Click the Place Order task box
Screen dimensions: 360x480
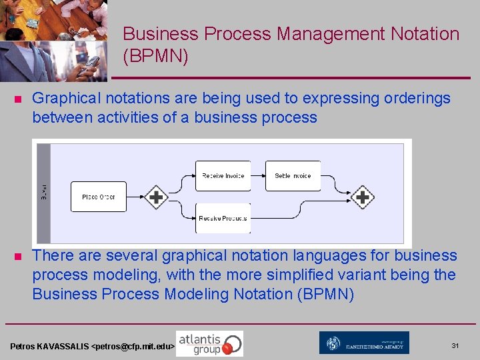[x=99, y=197]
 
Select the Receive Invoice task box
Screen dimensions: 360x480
[x=223, y=176]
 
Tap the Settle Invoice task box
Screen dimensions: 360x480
[x=293, y=176]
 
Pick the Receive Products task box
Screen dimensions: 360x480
[x=223, y=218]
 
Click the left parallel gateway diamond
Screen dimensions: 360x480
[x=156, y=197]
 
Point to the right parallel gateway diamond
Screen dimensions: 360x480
[x=363, y=197]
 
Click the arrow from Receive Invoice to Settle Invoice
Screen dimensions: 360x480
[x=258, y=176]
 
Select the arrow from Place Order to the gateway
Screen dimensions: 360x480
[x=135, y=197]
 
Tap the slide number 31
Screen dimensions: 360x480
[x=455, y=345]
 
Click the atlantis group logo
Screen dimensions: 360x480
[x=209, y=344]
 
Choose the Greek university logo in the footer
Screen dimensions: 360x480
[x=364, y=343]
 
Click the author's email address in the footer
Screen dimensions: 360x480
[x=133, y=347]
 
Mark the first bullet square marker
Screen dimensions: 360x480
[x=18, y=99]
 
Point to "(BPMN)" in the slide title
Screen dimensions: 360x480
[x=156, y=57]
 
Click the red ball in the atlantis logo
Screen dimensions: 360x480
[x=228, y=348]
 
